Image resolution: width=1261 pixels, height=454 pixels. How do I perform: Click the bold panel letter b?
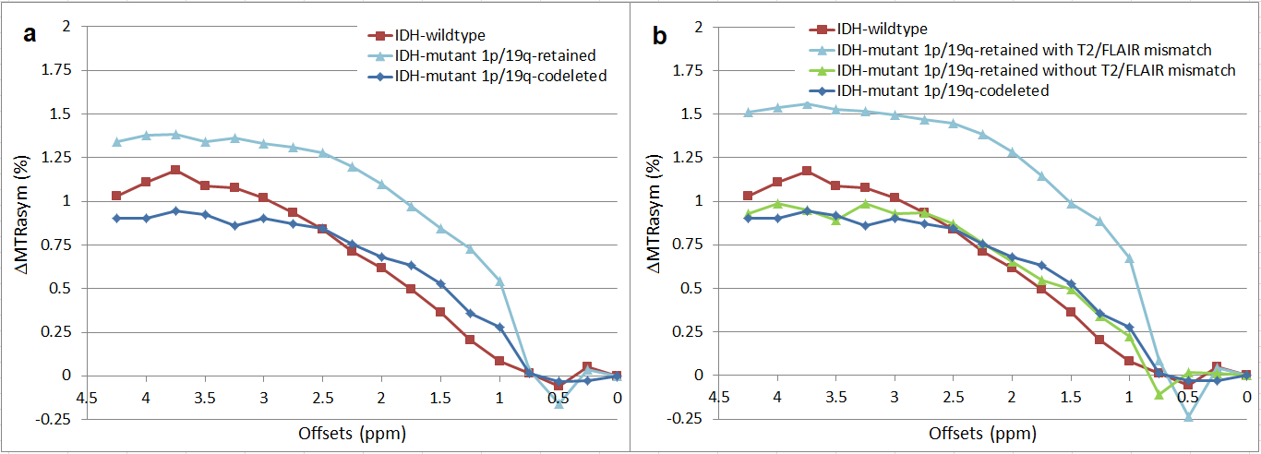point(660,36)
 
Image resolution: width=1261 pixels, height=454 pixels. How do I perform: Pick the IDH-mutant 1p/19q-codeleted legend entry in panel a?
point(499,76)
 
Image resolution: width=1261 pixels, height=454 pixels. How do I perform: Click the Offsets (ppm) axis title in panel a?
point(352,433)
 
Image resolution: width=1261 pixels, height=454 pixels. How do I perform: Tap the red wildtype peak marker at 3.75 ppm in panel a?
point(175,170)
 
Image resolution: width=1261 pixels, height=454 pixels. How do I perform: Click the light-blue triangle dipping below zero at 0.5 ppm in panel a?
point(558,403)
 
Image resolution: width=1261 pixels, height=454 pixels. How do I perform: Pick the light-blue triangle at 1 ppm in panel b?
point(1129,258)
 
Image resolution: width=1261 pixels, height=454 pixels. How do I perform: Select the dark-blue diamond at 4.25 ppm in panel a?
point(116,218)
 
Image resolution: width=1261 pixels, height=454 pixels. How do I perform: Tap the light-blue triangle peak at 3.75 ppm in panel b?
point(807,104)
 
